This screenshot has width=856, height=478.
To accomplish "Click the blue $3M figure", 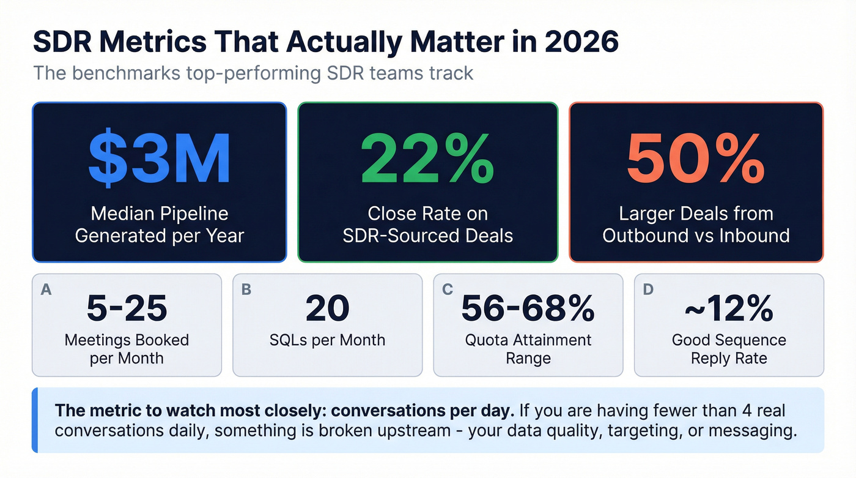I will point(159,159).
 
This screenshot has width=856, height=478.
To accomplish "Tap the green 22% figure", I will point(428,159).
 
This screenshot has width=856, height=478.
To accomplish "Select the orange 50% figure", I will point(696,159).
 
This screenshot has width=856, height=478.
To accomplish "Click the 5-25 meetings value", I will point(127,309).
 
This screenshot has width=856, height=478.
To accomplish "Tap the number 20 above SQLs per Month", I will point(327,309).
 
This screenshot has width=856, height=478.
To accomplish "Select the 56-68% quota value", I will point(528,309).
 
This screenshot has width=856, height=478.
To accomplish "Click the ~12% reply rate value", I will point(729,309).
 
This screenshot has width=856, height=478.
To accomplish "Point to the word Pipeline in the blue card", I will point(193,214).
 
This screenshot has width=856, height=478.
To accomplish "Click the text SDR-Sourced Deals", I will point(427,235).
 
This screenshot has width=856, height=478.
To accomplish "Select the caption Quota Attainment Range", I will point(528,349).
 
